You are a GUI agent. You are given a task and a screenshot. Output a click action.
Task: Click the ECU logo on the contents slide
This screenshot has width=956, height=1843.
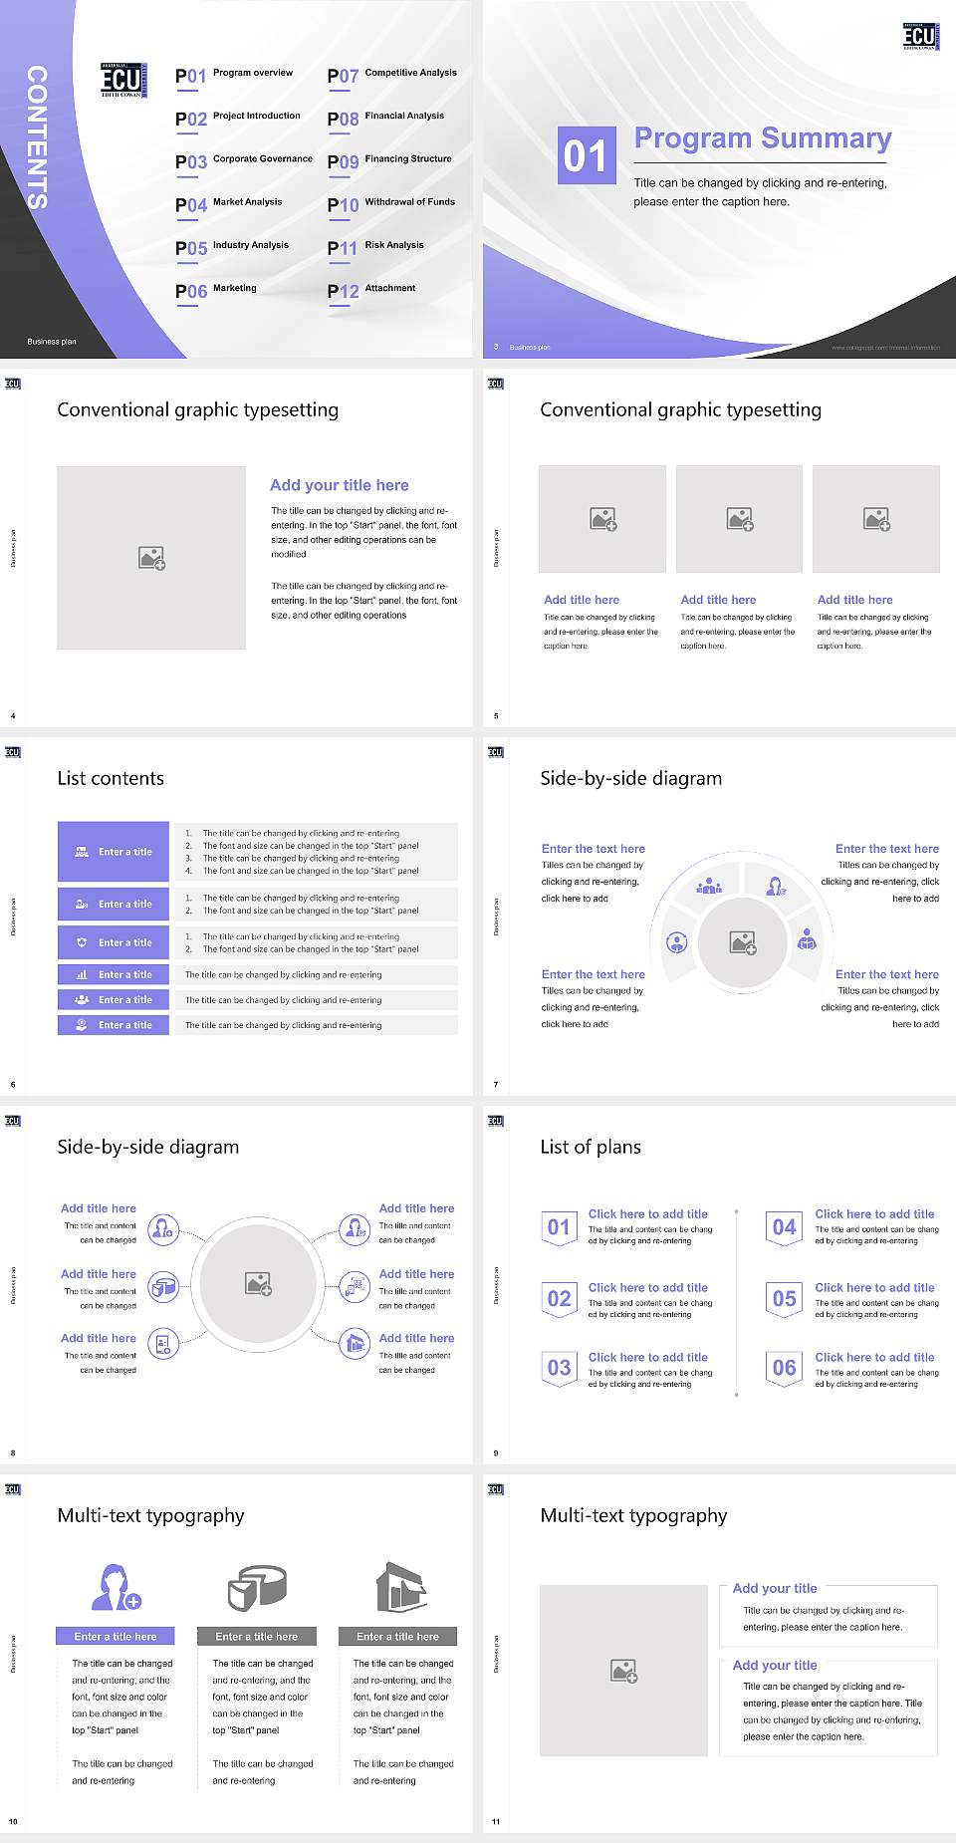pyautogui.click(x=123, y=80)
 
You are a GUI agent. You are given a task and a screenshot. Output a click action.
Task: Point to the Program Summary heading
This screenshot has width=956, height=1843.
pyautogui.click(x=762, y=138)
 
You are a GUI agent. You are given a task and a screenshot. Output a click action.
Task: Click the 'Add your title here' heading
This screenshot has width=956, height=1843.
pyautogui.click(x=339, y=485)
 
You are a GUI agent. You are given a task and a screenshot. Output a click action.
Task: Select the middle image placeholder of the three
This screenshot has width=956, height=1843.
pyautogui.click(x=739, y=519)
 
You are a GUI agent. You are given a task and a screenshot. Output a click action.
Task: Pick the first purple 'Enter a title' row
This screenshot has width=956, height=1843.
pyautogui.click(x=114, y=852)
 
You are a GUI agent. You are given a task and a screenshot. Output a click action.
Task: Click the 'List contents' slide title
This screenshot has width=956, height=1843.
pyautogui.click(x=111, y=778)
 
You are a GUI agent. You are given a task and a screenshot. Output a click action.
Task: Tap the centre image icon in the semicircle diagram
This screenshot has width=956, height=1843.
pyautogui.click(x=743, y=942)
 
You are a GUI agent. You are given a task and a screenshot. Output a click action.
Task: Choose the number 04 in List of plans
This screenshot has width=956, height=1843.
pyautogui.click(x=784, y=1227)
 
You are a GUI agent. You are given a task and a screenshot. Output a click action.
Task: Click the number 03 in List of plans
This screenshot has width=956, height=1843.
pyautogui.click(x=559, y=1368)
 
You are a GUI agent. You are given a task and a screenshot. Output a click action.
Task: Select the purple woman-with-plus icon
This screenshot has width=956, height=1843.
pyautogui.click(x=116, y=1587)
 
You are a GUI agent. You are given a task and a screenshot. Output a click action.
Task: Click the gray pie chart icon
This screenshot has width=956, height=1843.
pyautogui.click(x=257, y=1587)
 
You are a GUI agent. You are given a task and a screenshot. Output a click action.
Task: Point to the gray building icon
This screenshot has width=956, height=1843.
pyautogui.click(x=400, y=1587)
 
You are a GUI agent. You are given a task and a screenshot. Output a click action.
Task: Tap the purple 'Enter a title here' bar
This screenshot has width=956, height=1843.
pyautogui.click(x=116, y=1636)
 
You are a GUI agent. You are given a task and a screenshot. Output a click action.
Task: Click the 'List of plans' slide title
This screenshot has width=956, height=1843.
pyautogui.click(x=591, y=1147)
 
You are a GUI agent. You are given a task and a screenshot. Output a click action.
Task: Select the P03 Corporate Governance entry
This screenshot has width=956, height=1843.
pyautogui.click(x=243, y=160)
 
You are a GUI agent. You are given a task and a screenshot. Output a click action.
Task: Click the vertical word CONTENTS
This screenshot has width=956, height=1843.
pyautogui.click(x=37, y=137)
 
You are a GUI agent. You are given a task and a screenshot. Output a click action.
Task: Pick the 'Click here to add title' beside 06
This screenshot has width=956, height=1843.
pyautogui.click(x=874, y=1357)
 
